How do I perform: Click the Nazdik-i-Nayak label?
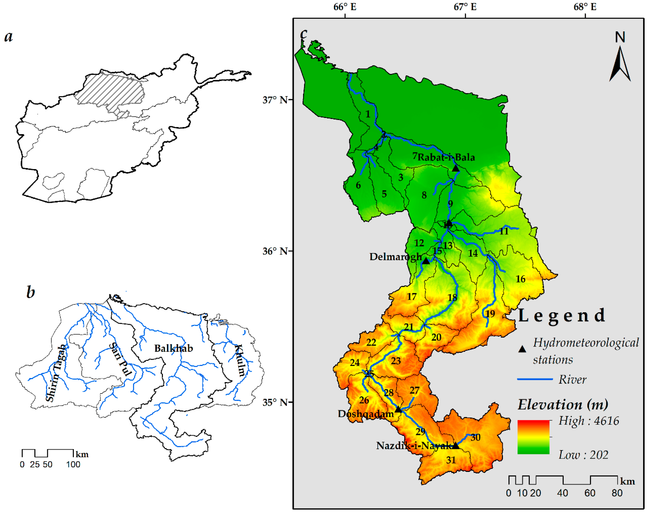[x=414, y=446]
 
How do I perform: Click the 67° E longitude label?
[x=465, y=7]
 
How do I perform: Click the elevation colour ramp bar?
[x=533, y=437]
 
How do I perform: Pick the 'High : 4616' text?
[x=588, y=421]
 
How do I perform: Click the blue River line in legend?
[x=535, y=379]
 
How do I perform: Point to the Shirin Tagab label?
[x=55, y=373]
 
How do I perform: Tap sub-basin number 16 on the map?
[x=521, y=279]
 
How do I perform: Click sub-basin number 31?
[x=451, y=460]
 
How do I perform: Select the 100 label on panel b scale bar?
[x=73, y=465]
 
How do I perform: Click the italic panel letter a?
[x=8, y=37]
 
